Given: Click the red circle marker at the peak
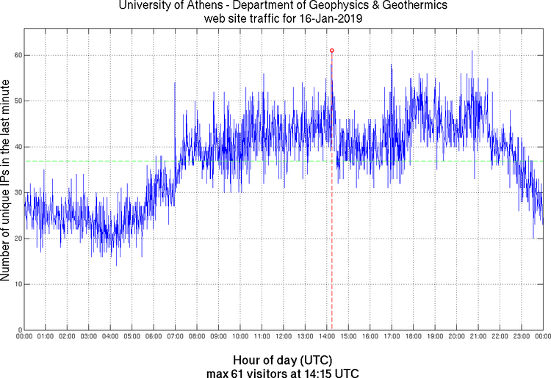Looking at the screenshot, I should [x=332, y=51].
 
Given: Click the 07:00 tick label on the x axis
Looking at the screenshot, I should [x=175, y=337].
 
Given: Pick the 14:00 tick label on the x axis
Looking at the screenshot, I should [x=326, y=337].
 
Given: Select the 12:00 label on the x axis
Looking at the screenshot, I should [x=283, y=337].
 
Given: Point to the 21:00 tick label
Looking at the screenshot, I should [x=478, y=337].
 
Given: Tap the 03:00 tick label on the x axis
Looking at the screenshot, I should [x=88, y=337].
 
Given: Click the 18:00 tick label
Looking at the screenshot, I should [x=413, y=337].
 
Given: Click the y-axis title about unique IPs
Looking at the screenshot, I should [x=7, y=181].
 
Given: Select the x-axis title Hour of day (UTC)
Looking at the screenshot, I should [x=282, y=360].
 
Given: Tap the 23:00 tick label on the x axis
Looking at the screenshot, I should [x=521, y=337].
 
